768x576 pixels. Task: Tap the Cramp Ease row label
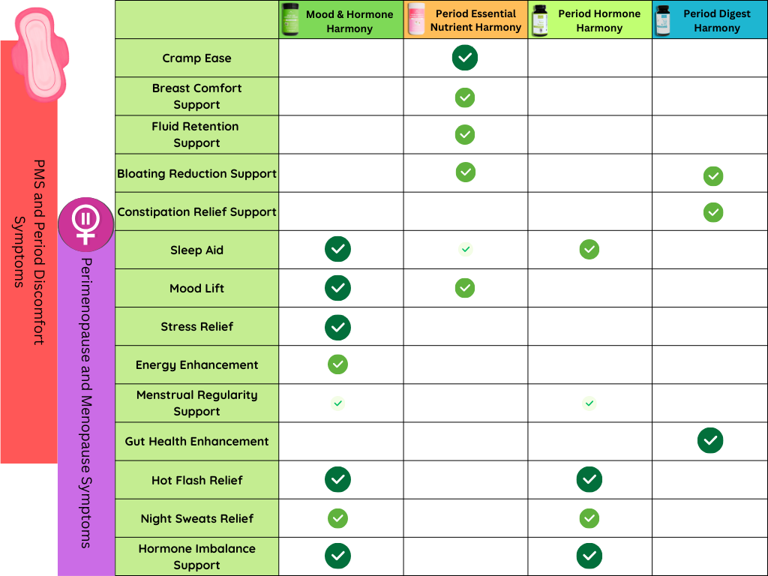[196, 58]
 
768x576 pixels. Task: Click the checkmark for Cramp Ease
[465, 58]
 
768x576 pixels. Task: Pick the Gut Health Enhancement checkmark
[710, 440]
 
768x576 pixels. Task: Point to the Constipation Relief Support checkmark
[713, 212]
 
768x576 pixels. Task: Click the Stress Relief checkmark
[337, 327]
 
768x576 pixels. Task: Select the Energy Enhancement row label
[196, 365]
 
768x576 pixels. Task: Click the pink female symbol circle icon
[86, 224]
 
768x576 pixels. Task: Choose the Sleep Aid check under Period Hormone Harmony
[589, 249]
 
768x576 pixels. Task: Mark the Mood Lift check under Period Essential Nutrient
[465, 288]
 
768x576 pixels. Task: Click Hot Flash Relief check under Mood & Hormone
[337, 479]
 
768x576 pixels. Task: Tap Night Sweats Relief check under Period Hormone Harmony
[589, 518]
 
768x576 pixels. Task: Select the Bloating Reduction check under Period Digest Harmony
[713, 176]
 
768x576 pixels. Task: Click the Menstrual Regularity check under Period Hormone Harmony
[589, 403]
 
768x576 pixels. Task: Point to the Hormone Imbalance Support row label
[196, 556]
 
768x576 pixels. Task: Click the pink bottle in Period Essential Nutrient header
[416, 19]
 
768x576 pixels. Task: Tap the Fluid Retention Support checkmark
[465, 135]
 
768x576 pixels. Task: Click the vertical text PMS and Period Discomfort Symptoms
[28, 251]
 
